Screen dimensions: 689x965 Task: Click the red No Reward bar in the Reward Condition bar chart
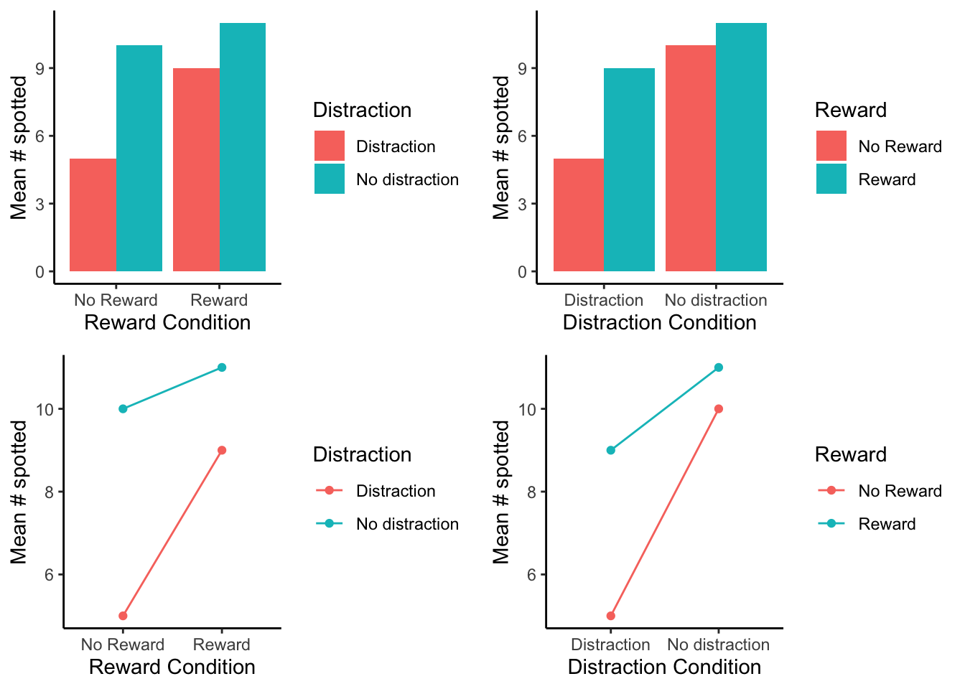coord(93,215)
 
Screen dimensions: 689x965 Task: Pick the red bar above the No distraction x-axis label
coord(691,158)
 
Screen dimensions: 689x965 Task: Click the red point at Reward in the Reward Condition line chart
coord(222,450)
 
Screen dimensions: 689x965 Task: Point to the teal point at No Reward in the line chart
coord(123,409)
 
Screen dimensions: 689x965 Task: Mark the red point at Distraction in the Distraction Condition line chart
coord(611,616)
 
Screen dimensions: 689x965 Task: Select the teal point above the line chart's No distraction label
coord(719,367)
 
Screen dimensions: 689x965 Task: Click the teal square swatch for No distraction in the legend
coord(330,179)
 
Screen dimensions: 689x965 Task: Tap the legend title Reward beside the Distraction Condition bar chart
coord(851,110)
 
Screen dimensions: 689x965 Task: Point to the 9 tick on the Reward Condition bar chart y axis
coord(40,69)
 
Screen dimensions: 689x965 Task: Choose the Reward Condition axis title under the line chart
coord(172,667)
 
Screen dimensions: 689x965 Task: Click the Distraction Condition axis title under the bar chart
coord(659,322)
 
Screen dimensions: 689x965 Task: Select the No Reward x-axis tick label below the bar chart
coord(116,300)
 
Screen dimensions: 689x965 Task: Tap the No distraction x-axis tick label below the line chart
coord(718,645)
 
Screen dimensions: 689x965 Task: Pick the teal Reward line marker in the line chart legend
coord(831,524)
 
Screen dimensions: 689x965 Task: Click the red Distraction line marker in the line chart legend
coord(330,491)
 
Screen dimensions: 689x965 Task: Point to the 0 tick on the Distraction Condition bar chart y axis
coord(523,272)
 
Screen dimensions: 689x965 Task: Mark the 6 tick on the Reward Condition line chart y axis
coord(49,575)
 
